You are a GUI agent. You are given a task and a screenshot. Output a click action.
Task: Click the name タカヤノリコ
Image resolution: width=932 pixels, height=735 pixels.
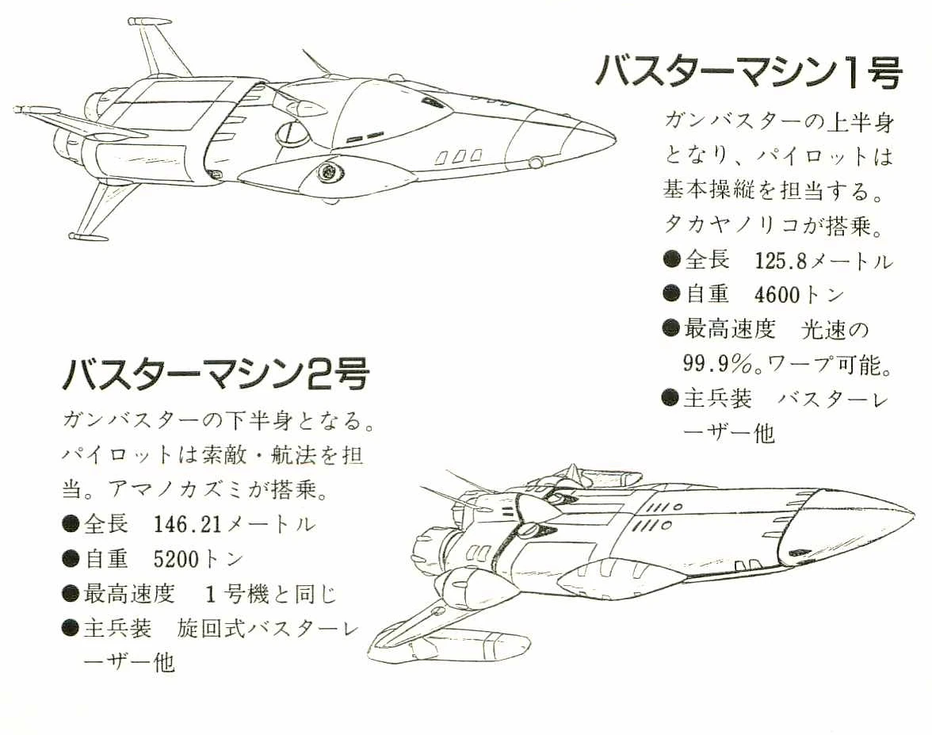pyautogui.click(x=721, y=225)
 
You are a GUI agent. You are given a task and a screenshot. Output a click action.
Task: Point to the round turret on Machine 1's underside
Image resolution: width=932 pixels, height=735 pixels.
pyautogui.click(x=327, y=171)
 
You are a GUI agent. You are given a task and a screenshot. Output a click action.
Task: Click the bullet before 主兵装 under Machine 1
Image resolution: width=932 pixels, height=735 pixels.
pyautogui.click(x=671, y=397)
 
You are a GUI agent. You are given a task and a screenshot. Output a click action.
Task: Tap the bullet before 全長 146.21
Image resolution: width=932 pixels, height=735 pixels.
pyautogui.click(x=71, y=524)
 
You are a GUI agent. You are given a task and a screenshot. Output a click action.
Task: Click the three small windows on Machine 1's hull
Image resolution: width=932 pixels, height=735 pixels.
pyautogui.click(x=459, y=157)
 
